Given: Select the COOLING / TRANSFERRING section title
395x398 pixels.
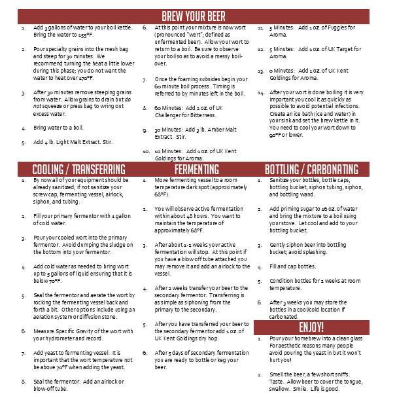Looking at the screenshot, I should [78, 169].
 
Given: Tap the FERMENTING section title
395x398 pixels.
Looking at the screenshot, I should [197, 169].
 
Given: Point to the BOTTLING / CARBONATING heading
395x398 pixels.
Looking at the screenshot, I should [311, 169].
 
